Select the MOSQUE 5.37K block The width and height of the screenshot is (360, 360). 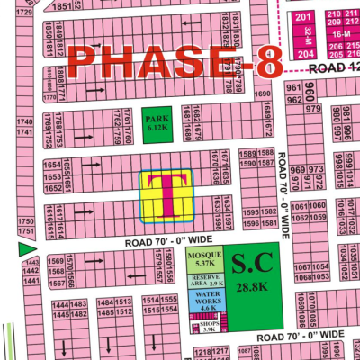204,260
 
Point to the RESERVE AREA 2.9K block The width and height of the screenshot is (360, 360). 204,280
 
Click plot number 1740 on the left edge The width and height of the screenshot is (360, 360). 23,121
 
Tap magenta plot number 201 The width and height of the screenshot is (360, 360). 303,17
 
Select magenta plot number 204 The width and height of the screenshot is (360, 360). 303,53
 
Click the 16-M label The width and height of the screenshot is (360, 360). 341,33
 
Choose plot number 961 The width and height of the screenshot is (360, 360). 293,87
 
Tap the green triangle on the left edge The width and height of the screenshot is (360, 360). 25,246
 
